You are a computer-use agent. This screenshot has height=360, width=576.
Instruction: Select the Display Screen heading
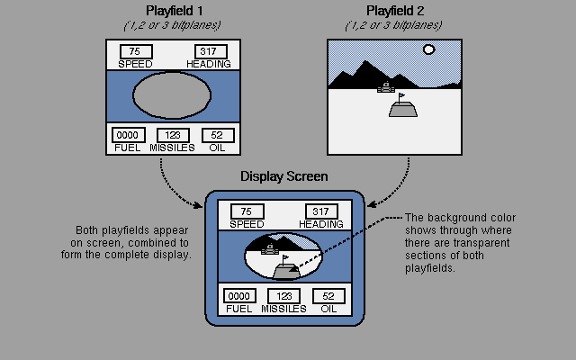click(283, 176)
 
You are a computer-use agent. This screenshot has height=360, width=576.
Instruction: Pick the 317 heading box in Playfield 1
click(210, 51)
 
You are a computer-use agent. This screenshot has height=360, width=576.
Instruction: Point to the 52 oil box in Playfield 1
click(216, 135)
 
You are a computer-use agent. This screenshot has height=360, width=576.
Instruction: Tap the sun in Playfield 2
click(429, 49)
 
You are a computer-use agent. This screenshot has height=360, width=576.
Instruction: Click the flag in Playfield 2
click(402, 94)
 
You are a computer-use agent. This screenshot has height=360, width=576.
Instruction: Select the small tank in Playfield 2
click(386, 87)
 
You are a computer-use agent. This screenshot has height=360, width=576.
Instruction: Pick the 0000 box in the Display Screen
click(238, 296)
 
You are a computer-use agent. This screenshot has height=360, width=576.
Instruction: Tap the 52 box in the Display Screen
click(328, 296)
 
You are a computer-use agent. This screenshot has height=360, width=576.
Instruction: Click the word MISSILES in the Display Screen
click(283, 309)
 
